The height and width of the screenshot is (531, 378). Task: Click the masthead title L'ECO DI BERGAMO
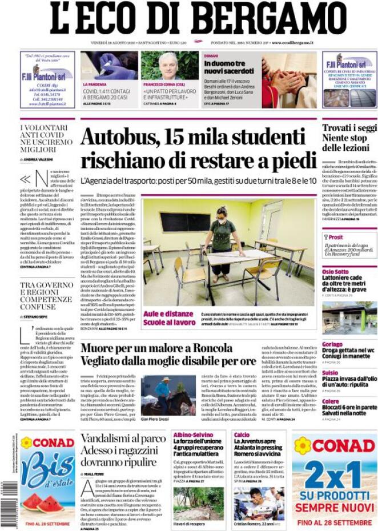(198, 19)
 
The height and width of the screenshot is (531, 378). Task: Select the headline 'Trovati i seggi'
(349, 128)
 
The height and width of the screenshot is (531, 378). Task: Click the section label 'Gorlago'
(332, 344)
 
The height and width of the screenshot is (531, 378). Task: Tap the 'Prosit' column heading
(335, 237)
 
